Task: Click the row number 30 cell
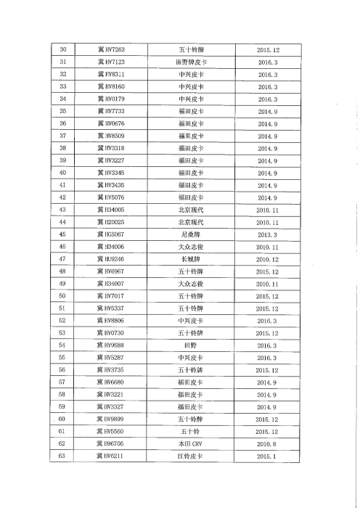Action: [62, 49]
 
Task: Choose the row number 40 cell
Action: [62, 173]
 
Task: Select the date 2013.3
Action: [268, 234]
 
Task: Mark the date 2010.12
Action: [268, 258]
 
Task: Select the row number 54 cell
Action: [62, 345]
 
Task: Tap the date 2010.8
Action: [268, 443]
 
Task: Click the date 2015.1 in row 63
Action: [268, 455]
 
